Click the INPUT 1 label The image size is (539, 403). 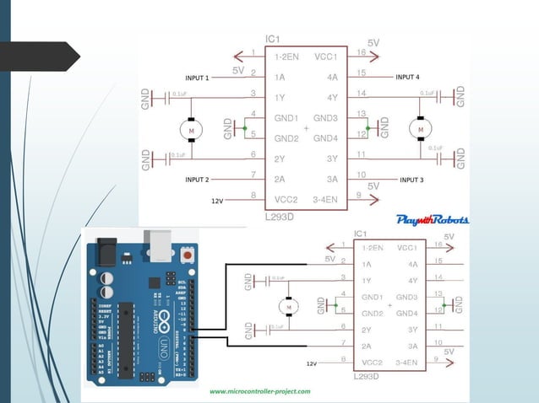(197, 78)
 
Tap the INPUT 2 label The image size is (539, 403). (197, 180)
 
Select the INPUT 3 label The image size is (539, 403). (411, 180)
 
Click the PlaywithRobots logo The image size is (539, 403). (432, 219)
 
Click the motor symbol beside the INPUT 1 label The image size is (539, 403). (190, 130)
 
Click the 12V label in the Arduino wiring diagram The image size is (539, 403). (311, 363)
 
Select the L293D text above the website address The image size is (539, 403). (365, 375)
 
